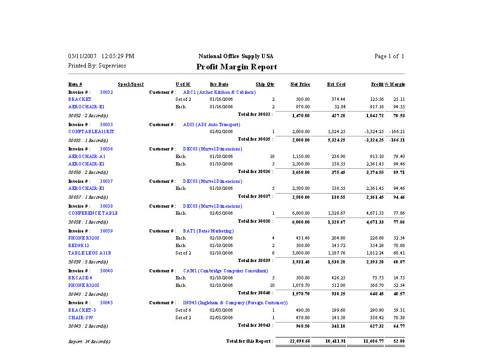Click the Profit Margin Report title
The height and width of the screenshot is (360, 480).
pos(236,67)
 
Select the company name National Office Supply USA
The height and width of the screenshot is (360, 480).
pos(236,56)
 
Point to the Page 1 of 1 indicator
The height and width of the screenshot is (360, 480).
pos(389,56)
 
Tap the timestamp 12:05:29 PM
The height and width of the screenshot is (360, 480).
pos(118,56)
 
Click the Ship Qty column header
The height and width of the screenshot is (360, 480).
pos(265,84)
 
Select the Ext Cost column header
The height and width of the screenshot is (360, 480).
pos(336,84)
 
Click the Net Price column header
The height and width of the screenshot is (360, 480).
pos(300,84)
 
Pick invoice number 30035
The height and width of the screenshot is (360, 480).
pos(106,125)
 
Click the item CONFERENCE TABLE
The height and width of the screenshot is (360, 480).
pos(93,213)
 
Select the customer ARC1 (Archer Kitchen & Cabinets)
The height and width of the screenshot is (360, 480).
pos(219,92)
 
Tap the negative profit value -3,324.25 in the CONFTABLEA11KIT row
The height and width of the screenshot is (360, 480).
pos(374,132)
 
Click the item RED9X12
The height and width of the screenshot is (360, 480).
pos(79,246)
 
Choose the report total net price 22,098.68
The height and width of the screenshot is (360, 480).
pos(300,341)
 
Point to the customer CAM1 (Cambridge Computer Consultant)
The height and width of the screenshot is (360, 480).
pos(225,271)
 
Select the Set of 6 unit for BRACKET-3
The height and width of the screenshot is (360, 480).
pos(183,310)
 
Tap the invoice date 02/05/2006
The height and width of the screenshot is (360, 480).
pos(221,213)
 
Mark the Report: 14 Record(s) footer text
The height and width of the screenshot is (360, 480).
pos(90,342)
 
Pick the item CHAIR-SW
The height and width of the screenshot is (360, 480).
pos(81,318)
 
